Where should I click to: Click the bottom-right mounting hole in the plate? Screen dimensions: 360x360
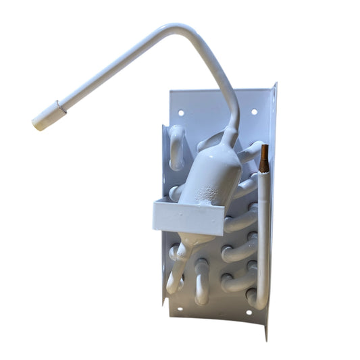[249, 312]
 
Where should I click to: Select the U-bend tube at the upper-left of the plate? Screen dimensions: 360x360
[176, 145]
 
